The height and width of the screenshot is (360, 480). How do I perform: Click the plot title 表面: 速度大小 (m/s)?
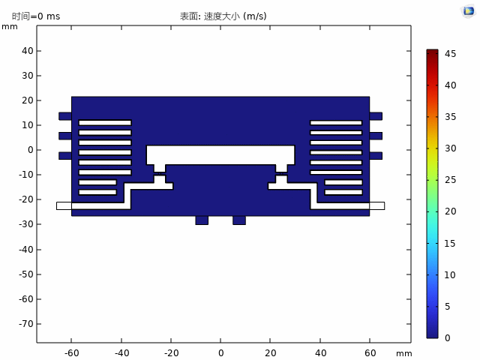(223, 16)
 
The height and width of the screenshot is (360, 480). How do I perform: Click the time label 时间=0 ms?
(36, 16)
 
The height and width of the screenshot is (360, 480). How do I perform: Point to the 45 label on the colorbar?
(450, 54)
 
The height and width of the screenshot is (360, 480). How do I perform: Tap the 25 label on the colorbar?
(450, 180)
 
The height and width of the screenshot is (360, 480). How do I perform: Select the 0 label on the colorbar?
(448, 338)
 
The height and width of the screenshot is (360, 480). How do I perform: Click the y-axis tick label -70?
(25, 324)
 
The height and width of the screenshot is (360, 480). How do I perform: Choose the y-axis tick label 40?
(28, 51)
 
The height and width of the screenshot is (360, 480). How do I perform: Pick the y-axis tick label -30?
(25, 224)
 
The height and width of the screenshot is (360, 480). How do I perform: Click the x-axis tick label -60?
(72, 353)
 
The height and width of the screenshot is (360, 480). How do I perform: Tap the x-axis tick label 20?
(271, 353)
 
